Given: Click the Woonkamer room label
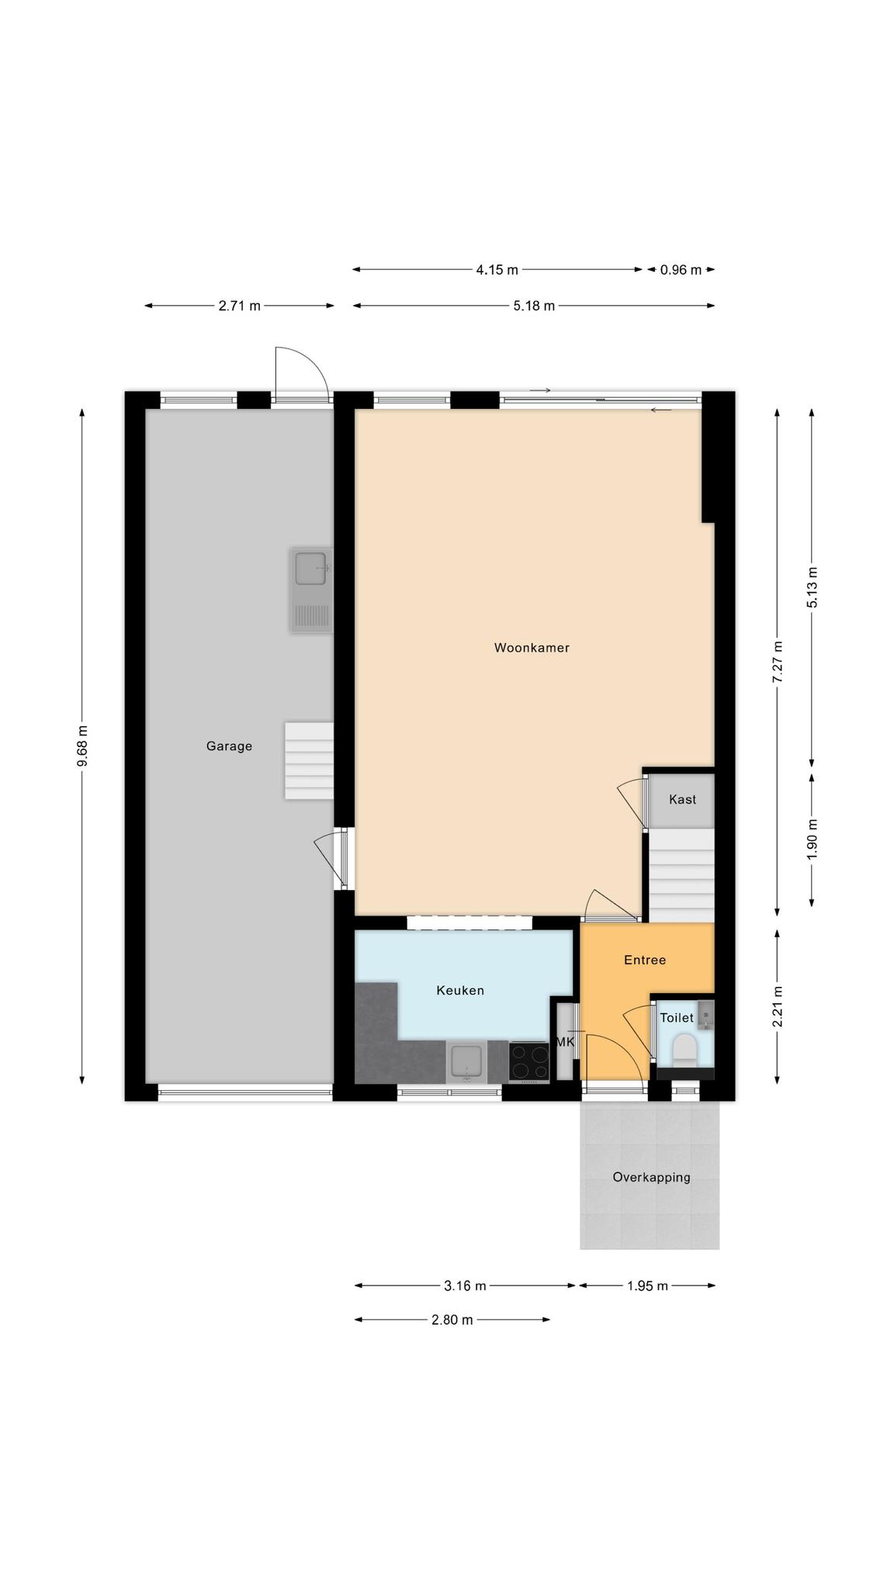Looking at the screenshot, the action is point(532,648).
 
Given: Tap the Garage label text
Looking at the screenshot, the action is point(229,746).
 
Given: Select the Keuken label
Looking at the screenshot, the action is point(460,990).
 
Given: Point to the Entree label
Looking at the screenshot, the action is point(645,960).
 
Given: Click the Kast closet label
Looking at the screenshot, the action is point(682,799).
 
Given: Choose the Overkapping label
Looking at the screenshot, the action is point(651,1177).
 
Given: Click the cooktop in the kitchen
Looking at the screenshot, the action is point(528,1061).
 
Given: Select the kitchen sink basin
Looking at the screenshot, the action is point(466,1061).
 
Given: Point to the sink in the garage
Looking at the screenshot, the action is point(311,589).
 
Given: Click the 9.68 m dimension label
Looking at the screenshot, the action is point(82,746).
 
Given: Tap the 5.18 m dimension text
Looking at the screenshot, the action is point(534,306).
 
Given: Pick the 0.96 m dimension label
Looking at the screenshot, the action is point(681,270).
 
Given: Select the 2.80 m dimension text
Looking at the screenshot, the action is point(452,1320).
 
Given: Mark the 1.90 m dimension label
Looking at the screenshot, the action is point(812,839).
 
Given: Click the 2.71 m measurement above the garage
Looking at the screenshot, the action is point(239,306).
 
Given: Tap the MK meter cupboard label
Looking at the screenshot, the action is point(566,1042).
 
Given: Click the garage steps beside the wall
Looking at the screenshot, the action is point(309,761).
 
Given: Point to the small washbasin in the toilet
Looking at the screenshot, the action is point(705,1013).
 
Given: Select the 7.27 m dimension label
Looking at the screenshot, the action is point(778,661).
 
